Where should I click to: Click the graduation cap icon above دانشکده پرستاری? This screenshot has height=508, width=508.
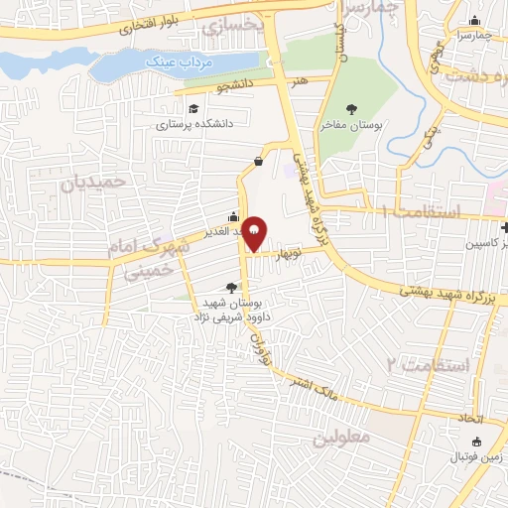(191, 108)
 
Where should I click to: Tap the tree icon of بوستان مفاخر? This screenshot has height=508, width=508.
(351, 109)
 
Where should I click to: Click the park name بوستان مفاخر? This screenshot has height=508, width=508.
(351, 126)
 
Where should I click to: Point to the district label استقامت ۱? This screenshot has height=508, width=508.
(421, 210)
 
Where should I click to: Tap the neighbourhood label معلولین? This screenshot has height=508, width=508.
(341, 437)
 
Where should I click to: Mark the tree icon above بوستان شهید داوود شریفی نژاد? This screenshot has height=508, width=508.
(231, 288)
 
